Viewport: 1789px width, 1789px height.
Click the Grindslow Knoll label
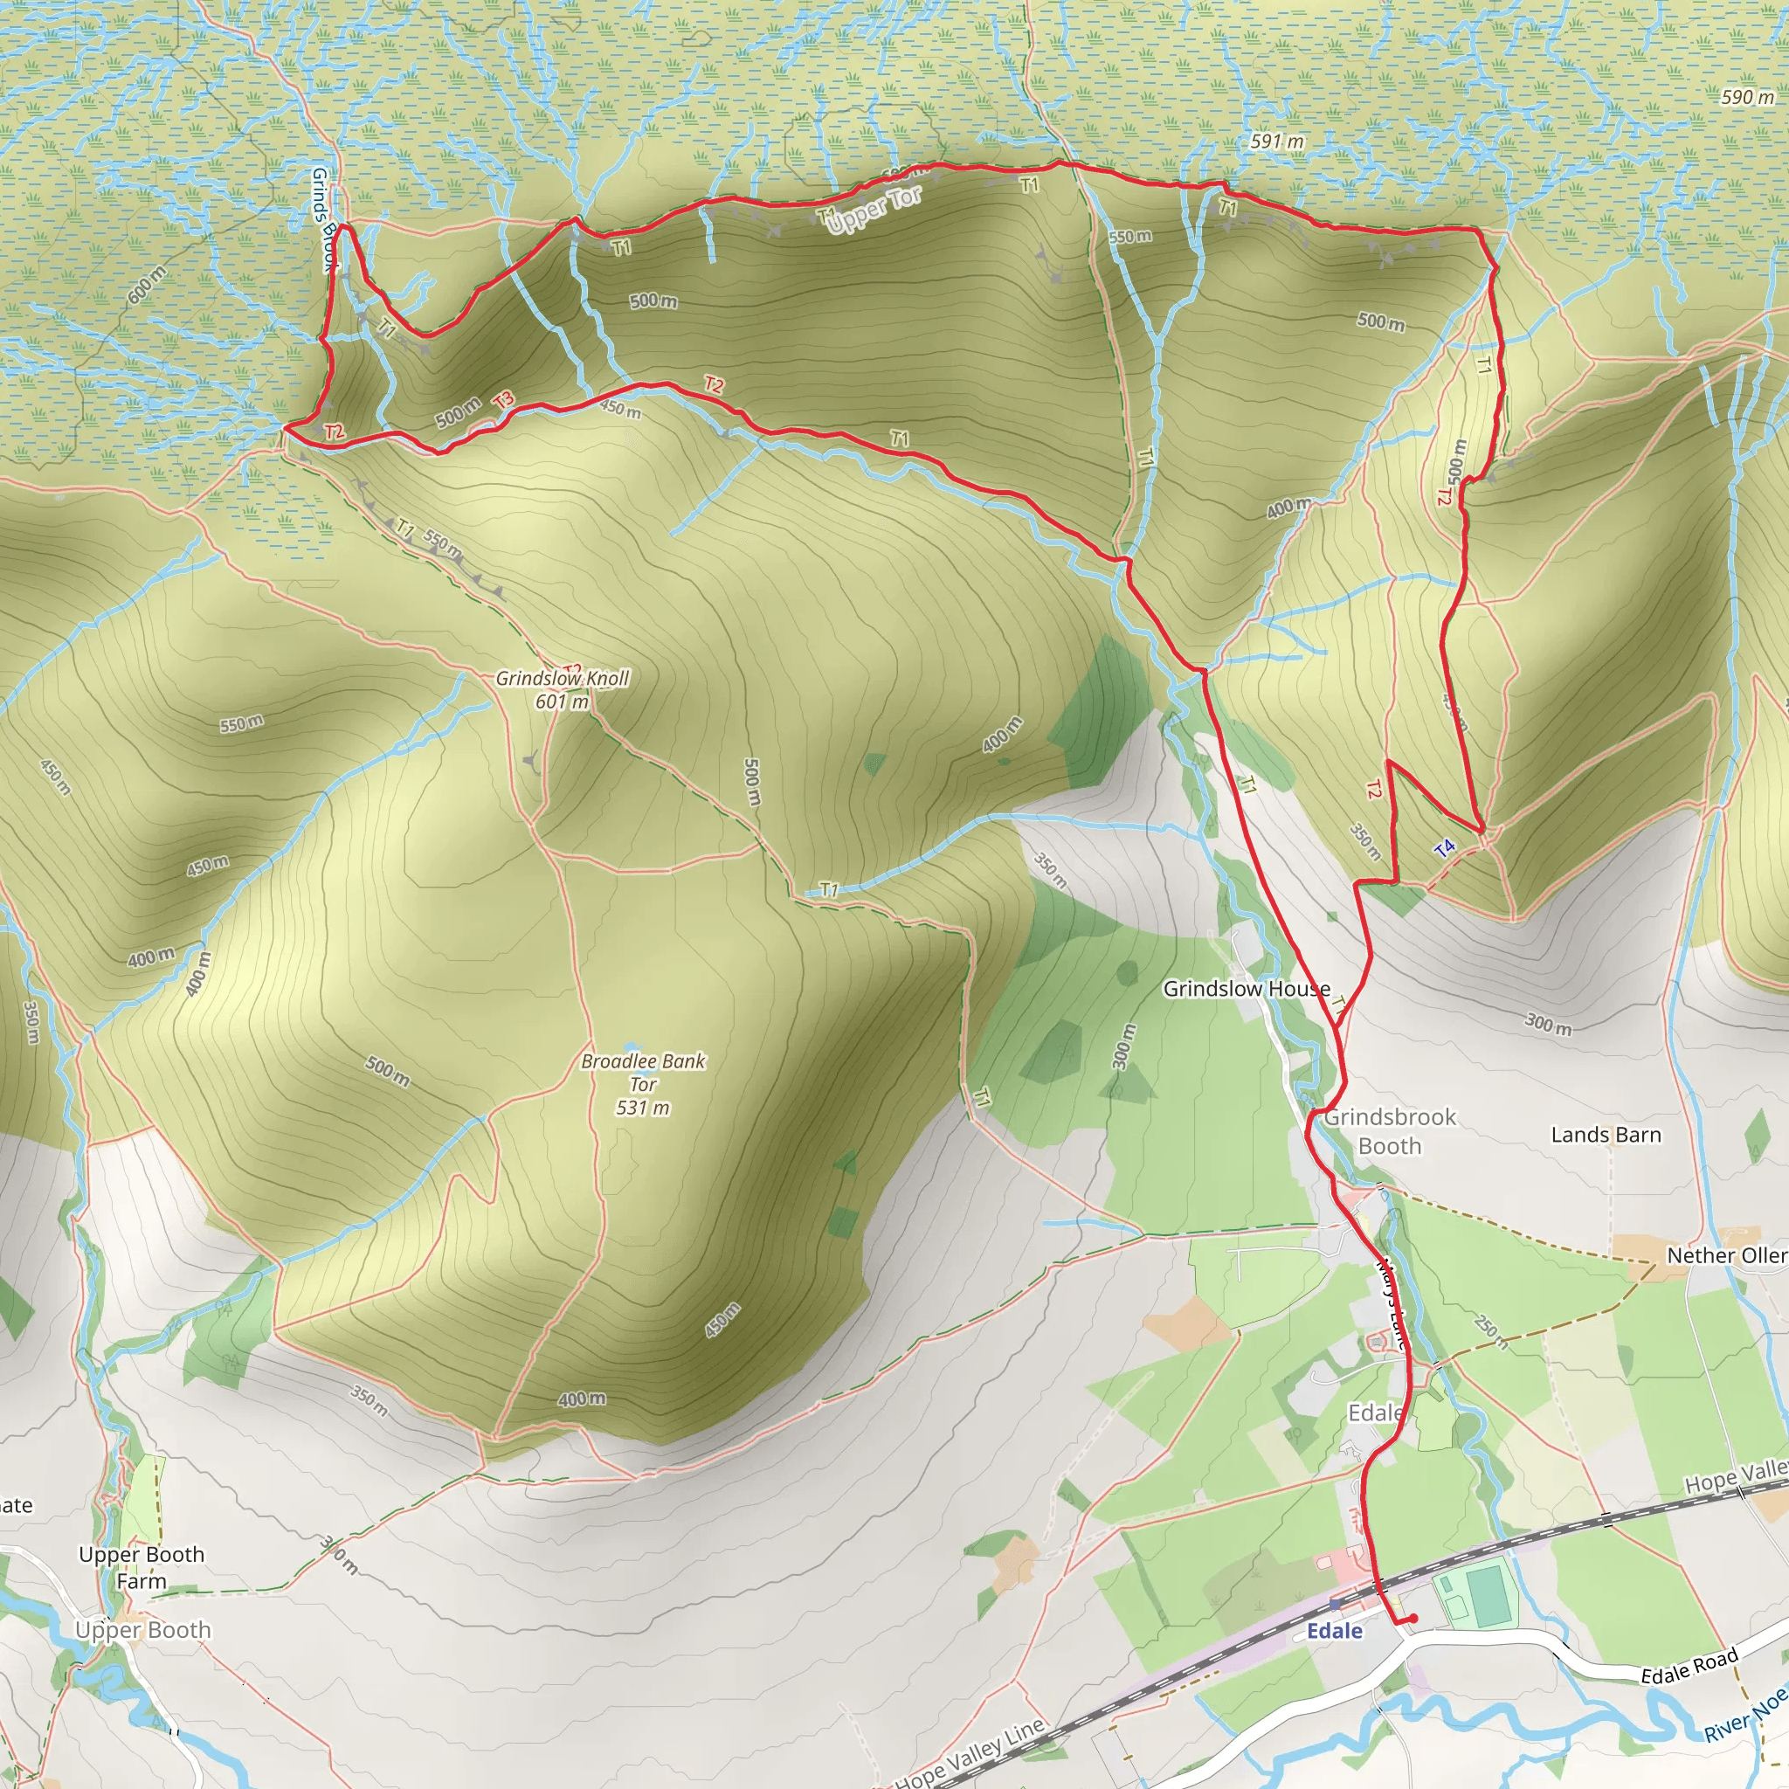click(562, 678)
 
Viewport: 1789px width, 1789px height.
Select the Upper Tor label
click(874, 210)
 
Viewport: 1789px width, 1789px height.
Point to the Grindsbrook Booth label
click(1389, 1131)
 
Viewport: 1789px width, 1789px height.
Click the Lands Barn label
click(1606, 1135)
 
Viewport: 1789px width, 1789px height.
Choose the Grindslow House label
click(1247, 989)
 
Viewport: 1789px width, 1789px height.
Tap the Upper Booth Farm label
click(142, 1568)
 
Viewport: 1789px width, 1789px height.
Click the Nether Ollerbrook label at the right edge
click(1726, 1255)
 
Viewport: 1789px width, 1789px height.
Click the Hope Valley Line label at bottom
click(970, 1753)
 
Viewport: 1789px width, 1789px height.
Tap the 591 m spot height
click(1277, 142)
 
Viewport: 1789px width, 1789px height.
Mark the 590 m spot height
click(1747, 97)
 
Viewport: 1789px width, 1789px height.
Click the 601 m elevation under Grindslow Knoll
click(562, 702)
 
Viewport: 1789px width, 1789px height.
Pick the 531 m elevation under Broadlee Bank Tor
click(643, 1108)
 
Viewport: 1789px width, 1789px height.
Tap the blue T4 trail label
click(1444, 847)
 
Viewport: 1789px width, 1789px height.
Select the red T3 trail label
click(503, 400)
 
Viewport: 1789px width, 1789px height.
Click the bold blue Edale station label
click(1335, 1631)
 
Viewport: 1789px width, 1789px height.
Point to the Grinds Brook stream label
click(322, 219)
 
